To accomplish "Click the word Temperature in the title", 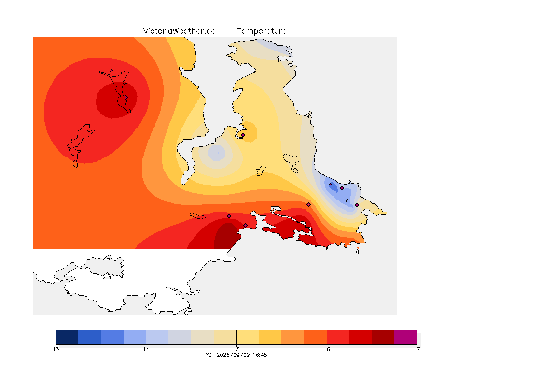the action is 262,31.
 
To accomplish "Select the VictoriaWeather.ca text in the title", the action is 180,31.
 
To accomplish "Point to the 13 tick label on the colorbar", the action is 56,349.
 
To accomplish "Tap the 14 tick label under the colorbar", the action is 146,349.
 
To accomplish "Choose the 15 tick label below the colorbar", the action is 236,349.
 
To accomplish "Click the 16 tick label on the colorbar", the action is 327,349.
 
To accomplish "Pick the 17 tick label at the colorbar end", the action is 417,349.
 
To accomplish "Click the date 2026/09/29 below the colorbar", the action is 231,355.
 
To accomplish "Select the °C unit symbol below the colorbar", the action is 208,355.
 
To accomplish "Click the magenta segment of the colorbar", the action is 405,337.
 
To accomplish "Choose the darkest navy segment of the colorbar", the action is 67,337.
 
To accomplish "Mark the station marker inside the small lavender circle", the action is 219,153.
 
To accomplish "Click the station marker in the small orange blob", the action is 243,135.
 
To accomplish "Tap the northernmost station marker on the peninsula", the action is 278,61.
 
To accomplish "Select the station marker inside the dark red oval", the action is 125,97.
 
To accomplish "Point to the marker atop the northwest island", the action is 111,71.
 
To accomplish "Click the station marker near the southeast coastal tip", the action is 351,238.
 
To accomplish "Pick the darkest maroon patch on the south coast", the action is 227,236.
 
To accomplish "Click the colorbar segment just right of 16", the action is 338,337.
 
